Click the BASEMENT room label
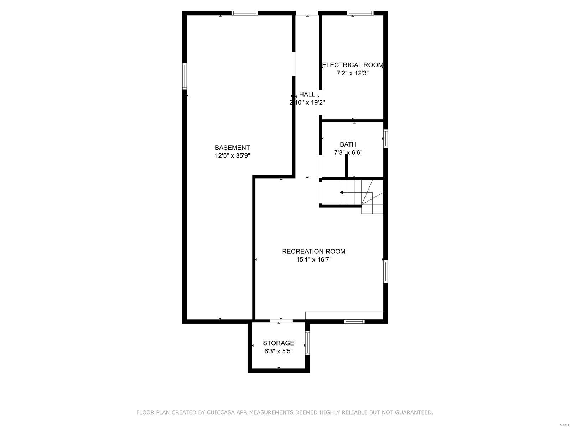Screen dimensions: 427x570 click(232, 147)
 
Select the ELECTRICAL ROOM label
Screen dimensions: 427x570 click(352, 65)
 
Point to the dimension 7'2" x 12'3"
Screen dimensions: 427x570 click(352, 73)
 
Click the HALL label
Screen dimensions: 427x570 click(307, 94)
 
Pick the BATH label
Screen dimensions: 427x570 click(348, 144)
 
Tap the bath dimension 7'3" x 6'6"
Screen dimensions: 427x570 click(348, 153)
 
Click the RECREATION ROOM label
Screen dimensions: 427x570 click(313, 251)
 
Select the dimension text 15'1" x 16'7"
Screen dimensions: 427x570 click(313, 260)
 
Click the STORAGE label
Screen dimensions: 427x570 click(278, 343)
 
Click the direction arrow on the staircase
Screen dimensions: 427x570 click(341, 193)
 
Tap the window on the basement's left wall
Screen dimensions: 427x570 click(185, 76)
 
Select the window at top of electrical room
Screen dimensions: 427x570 click(360, 13)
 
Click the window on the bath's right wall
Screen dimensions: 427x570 click(385, 138)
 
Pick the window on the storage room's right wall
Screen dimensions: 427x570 click(307, 343)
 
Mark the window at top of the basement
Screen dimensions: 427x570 click(244, 13)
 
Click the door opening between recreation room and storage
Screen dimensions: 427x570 click(281, 321)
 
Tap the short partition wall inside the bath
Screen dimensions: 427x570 click(346, 167)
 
